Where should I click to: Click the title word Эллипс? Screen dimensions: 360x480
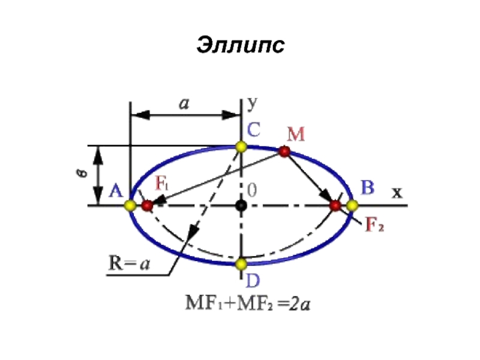239,46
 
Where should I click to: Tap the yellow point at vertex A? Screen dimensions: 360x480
130,205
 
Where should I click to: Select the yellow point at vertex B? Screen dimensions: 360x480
352,205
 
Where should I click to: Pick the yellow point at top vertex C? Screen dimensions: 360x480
241,146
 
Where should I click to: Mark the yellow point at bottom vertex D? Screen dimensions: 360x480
241,263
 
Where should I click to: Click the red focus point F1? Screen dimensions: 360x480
147,205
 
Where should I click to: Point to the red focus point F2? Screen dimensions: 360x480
335,206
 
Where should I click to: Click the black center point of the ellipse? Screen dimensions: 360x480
241,205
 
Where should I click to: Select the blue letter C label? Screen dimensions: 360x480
254,129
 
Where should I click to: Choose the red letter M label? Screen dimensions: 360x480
295,134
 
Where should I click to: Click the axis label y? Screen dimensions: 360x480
253,103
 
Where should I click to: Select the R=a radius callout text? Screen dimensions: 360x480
129,265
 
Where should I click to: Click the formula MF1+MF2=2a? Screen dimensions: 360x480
246,304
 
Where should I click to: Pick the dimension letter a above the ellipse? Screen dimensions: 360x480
184,103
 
